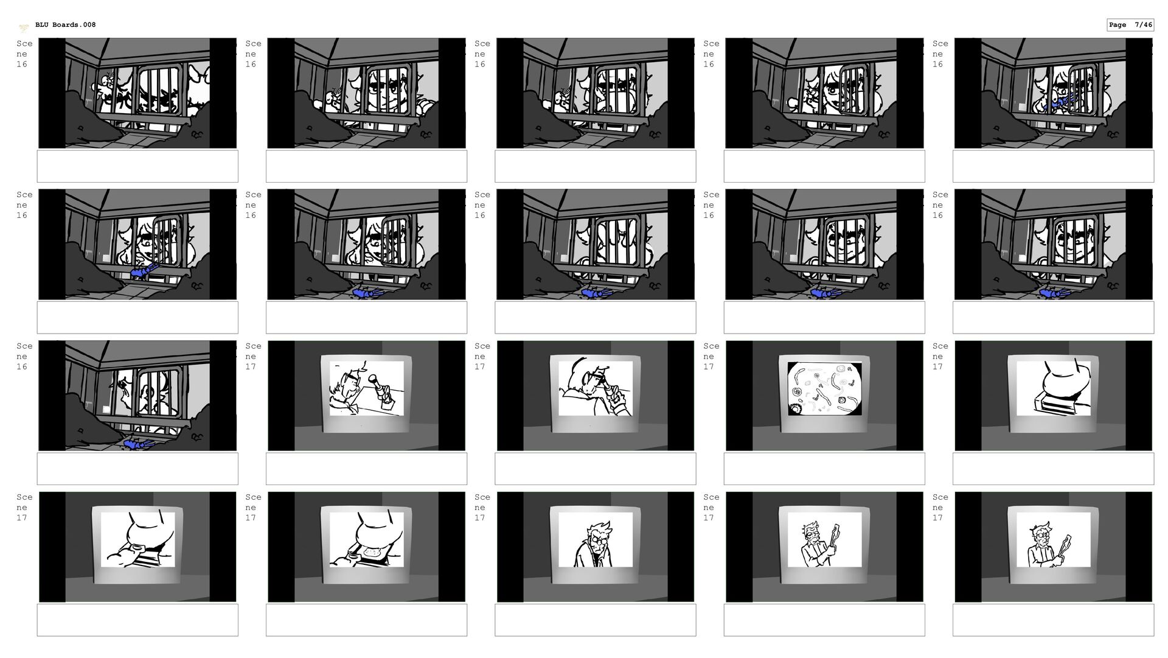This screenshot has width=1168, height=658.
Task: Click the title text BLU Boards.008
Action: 65,25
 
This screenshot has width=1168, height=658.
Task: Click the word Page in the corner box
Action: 1118,25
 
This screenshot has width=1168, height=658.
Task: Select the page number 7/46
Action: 1144,25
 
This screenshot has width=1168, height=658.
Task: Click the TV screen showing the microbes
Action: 824,389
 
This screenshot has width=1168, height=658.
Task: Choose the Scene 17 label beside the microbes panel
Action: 711,356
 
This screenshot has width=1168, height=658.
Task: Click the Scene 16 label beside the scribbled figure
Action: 24,54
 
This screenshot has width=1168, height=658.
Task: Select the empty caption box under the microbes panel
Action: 824,469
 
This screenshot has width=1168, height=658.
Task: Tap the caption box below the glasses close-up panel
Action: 596,620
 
